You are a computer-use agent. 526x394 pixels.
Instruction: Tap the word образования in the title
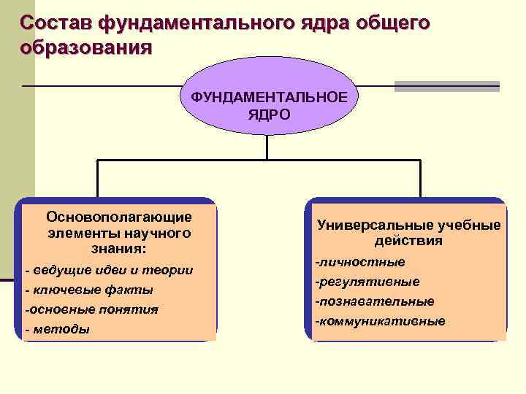click(x=87, y=48)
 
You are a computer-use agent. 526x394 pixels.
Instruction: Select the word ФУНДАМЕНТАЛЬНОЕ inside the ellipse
click(x=270, y=97)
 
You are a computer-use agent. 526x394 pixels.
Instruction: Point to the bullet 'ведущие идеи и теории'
click(x=110, y=271)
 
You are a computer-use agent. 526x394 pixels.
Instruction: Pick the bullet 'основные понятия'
click(x=91, y=309)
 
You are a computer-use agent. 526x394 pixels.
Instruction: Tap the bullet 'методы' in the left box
click(x=58, y=329)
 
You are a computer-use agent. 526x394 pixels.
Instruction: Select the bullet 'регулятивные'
click(x=367, y=282)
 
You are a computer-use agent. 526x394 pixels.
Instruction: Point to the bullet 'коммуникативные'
click(x=380, y=321)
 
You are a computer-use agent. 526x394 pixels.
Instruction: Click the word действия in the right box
click(x=409, y=242)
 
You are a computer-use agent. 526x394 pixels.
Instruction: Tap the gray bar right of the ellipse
click(x=446, y=86)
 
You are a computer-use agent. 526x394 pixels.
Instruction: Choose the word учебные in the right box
click(x=469, y=225)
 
